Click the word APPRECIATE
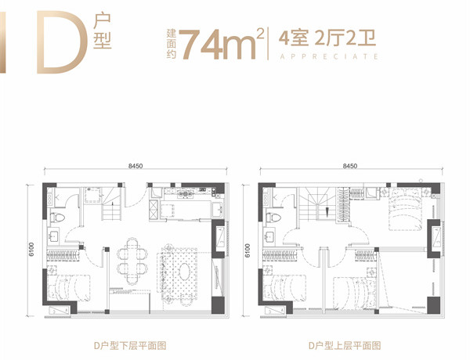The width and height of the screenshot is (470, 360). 329,56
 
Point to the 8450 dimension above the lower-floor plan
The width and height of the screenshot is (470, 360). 136,166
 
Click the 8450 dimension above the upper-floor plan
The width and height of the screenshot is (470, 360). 350,166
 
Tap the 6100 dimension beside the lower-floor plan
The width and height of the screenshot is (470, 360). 31,250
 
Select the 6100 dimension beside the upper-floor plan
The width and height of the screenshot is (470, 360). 247,250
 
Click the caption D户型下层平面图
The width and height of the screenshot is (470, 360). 130,346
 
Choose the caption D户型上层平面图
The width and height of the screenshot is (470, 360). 345,346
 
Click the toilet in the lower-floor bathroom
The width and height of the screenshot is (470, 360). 57,218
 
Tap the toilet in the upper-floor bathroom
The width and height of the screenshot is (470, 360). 273,218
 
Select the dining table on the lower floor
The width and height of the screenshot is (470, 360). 132,261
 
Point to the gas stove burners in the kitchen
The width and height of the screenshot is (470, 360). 185,194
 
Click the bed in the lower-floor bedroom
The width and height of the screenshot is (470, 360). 69,287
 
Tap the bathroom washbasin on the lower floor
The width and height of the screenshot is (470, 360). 54,236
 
